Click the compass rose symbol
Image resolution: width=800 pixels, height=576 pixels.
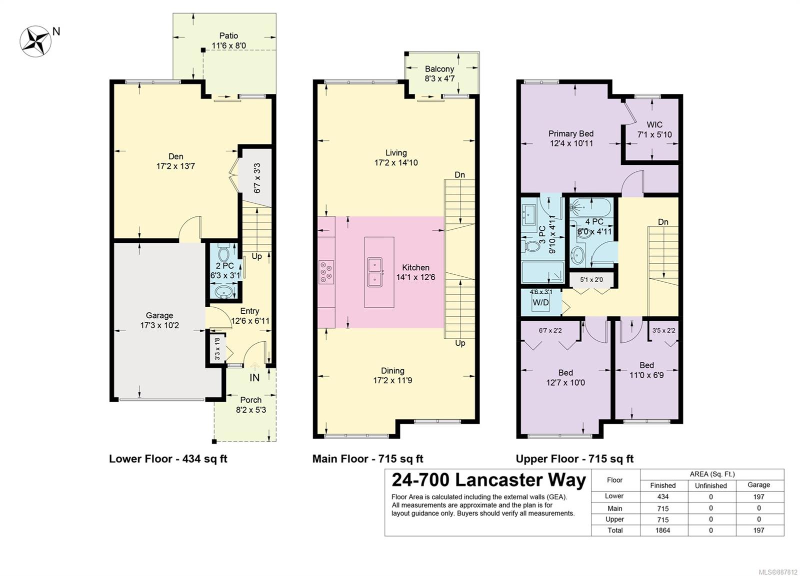[35, 41]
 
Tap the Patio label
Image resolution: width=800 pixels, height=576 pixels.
[228, 35]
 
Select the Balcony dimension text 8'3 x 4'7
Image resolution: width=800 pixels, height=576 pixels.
[439, 78]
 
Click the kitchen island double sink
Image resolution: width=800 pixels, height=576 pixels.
[374, 272]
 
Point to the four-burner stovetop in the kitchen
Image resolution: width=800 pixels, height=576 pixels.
[326, 272]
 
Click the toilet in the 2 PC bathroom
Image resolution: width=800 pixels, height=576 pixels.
[223, 253]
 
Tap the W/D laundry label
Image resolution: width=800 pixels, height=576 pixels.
[540, 303]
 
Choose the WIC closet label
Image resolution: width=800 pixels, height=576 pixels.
[654, 125]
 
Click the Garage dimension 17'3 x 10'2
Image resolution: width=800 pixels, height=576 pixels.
[159, 326]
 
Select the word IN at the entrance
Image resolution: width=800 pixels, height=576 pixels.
[254, 378]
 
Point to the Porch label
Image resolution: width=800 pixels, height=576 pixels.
[250, 400]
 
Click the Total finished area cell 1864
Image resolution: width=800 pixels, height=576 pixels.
[663, 531]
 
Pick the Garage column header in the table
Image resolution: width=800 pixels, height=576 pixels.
[759, 485]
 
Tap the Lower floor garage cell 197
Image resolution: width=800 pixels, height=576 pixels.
[759, 497]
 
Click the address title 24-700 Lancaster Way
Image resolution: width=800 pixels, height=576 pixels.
[489, 481]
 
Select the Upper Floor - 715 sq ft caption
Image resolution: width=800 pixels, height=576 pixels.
[574, 459]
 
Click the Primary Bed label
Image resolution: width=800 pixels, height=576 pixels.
[571, 134]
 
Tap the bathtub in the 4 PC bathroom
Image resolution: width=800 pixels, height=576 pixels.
[591, 206]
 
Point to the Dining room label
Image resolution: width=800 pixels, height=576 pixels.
[393, 371]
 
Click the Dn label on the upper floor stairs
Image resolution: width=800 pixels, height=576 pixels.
[663, 222]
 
